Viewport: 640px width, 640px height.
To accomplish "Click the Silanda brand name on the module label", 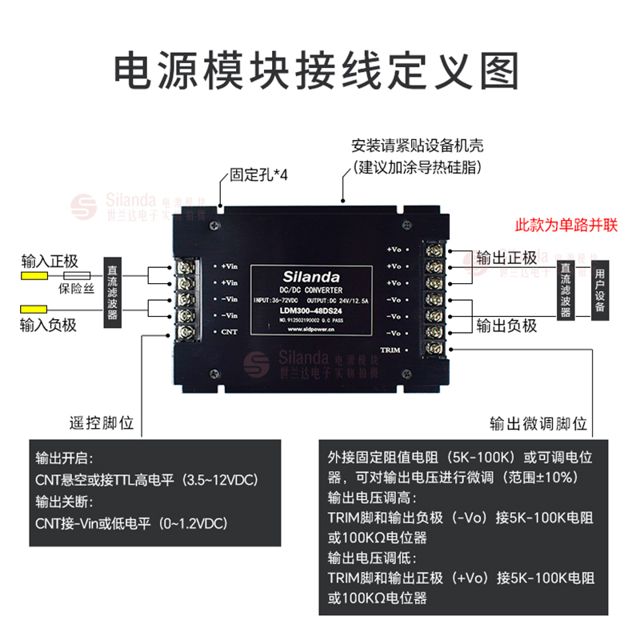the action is (x=311, y=275).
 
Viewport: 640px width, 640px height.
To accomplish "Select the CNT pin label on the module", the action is (x=229, y=331).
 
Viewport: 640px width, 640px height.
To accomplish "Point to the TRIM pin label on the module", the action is (x=390, y=350).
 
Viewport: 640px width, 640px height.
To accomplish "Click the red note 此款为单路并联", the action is (x=566, y=225).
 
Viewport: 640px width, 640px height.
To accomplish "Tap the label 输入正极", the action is (x=50, y=261).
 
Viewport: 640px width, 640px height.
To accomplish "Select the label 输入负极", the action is (x=50, y=324).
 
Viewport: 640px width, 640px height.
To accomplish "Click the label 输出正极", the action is (x=506, y=258).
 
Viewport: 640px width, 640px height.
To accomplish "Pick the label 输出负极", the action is (x=506, y=325).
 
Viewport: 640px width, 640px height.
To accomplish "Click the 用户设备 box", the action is (x=600, y=290).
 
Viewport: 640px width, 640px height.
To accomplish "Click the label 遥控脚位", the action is (x=105, y=422).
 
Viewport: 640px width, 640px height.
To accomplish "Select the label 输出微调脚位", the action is (x=538, y=422).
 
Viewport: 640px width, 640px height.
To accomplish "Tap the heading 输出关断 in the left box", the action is (x=66, y=502).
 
